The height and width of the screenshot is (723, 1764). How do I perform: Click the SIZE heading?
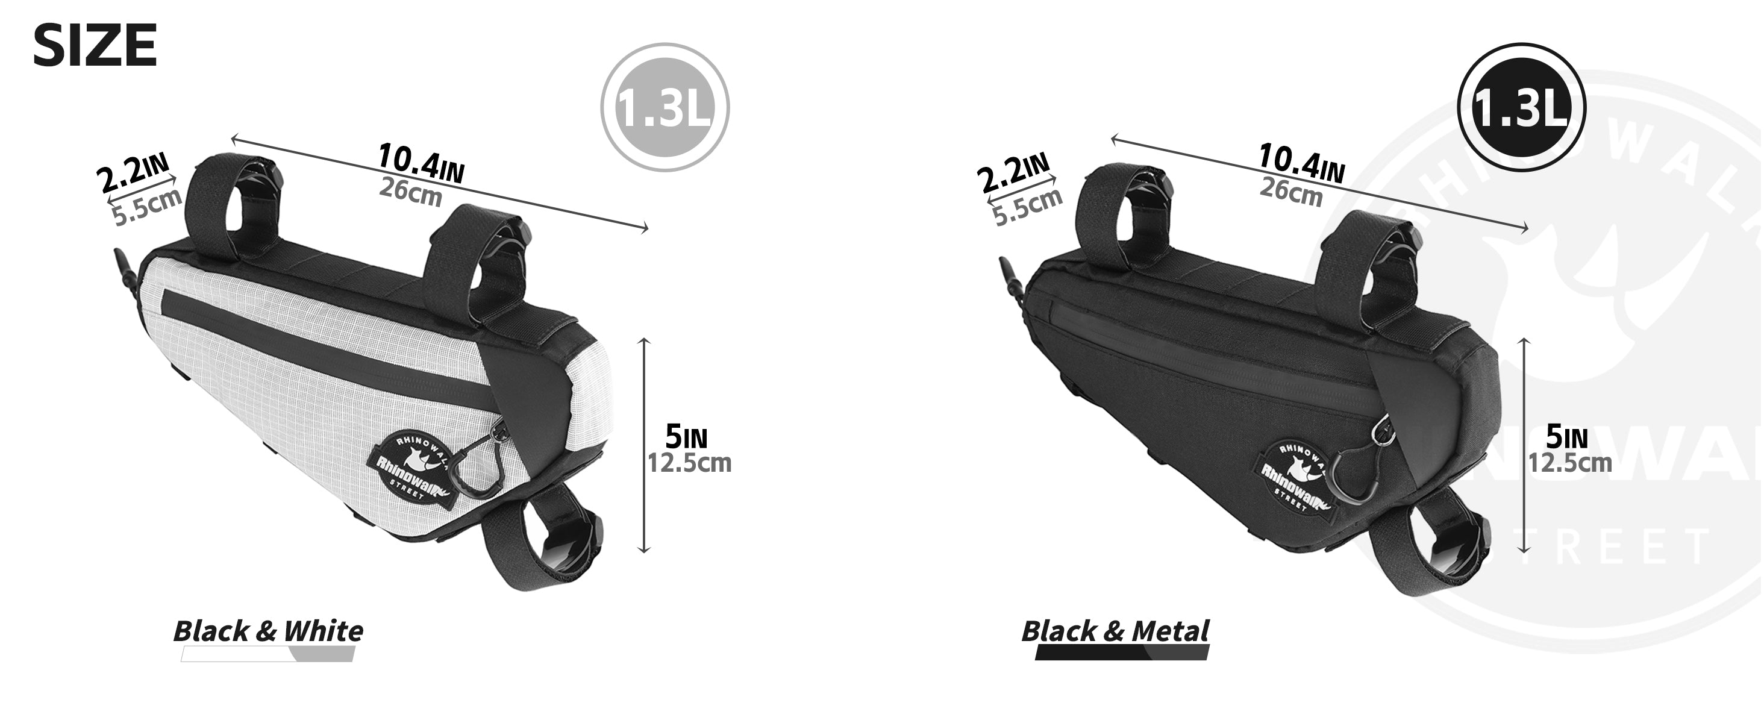click(95, 45)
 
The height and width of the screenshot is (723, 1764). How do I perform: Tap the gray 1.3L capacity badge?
click(665, 107)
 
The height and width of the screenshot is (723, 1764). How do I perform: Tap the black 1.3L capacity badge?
click(1522, 107)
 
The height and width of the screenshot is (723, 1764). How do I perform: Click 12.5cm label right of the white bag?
click(690, 463)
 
